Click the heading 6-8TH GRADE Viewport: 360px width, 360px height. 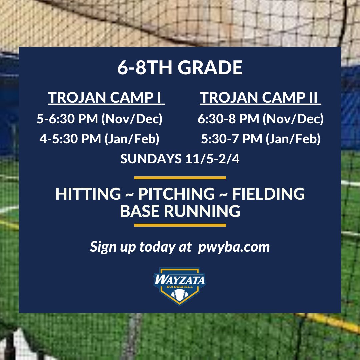(180, 68)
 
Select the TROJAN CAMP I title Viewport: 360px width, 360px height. (106, 98)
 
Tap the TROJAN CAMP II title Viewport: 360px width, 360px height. (260, 98)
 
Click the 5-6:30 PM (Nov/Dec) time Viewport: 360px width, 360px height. (99, 119)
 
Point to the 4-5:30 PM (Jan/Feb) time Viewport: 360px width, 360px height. (99, 139)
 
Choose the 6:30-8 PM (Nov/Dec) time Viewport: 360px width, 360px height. (260, 119)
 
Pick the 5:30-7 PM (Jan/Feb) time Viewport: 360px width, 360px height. (260, 139)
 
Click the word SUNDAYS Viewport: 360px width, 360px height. (151, 159)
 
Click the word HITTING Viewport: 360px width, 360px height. (88, 194)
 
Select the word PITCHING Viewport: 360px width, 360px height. (176, 194)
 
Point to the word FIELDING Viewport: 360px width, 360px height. (268, 194)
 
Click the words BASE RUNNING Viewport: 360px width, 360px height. (180, 211)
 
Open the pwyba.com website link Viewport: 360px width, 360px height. (233, 247)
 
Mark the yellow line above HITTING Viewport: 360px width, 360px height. (180, 178)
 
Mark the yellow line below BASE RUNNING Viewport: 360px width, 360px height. (180, 225)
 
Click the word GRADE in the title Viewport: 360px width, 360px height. (210, 68)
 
